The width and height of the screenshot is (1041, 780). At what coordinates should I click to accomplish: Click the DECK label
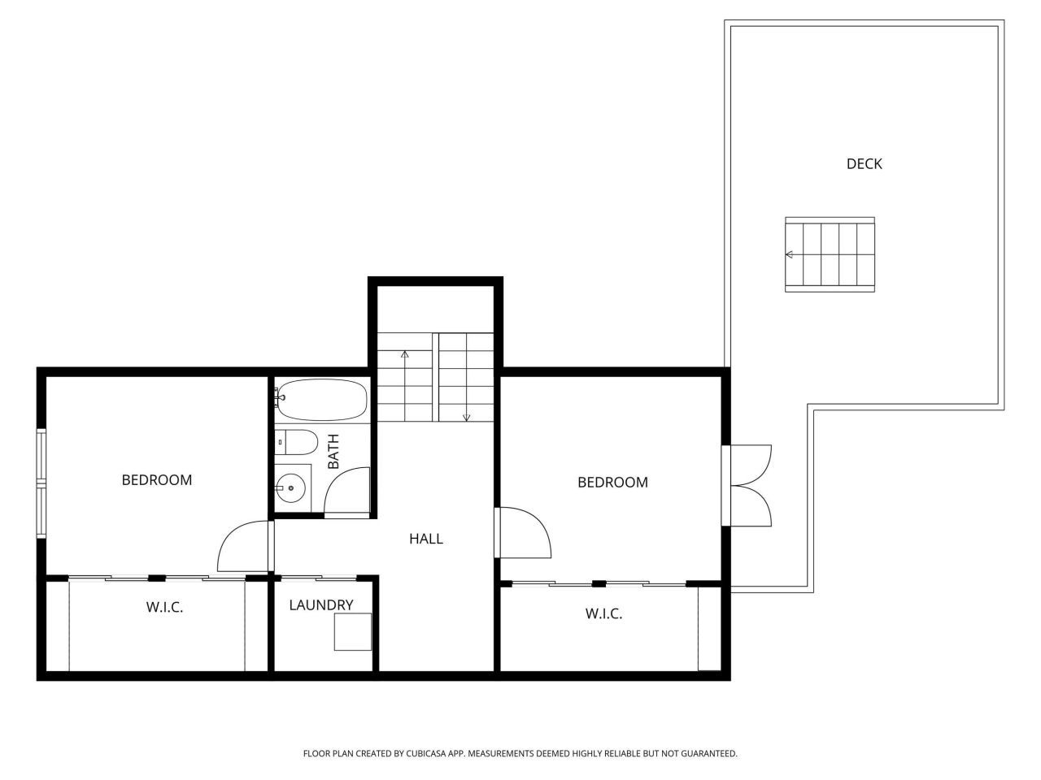coord(864,163)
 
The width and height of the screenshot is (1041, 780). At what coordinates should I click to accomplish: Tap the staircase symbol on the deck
coord(830,254)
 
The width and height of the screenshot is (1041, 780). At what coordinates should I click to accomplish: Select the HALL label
coord(425,538)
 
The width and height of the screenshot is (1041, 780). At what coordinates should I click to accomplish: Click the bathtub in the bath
coord(320,400)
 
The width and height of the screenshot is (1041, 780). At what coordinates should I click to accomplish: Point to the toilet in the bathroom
coord(296,443)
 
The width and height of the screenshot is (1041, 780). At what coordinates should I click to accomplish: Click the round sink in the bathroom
coord(290,488)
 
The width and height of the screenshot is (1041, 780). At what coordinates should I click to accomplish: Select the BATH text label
coord(333,452)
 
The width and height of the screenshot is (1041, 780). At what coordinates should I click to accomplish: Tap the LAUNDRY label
coord(321,604)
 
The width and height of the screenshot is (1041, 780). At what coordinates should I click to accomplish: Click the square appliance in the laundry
coord(352,631)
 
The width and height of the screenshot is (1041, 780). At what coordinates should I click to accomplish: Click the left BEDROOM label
coord(157,479)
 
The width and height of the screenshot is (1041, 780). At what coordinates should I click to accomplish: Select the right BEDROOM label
coord(612,482)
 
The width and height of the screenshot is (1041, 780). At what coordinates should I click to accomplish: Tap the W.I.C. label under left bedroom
coord(164,607)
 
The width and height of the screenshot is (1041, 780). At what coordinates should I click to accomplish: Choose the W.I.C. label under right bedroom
coord(603,613)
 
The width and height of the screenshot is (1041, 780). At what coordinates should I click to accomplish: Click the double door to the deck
coord(750,485)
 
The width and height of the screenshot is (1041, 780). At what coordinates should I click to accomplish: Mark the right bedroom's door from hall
coord(525,533)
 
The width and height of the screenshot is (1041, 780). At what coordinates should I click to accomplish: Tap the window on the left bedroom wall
coord(41,483)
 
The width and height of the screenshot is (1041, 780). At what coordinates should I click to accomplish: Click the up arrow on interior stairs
coord(404,355)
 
